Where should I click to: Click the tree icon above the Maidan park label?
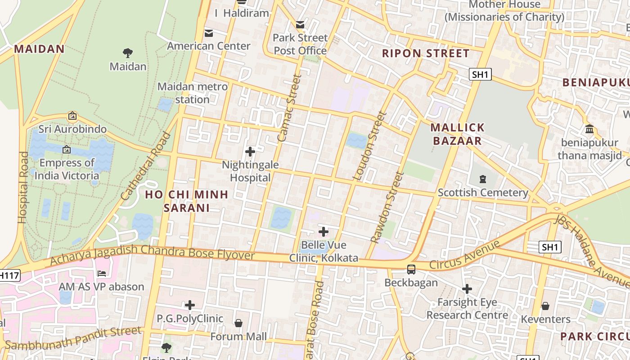(128, 53)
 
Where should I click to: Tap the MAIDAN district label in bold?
(40, 49)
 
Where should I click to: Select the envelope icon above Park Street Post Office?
(300, 25)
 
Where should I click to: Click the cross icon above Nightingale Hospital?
(250, 152)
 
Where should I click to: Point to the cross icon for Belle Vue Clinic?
(323, 232)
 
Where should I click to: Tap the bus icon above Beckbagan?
(411, 269)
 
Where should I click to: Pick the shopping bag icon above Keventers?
(545, 306)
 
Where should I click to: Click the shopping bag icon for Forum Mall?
(238, 323)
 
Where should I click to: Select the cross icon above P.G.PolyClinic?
(190, 305)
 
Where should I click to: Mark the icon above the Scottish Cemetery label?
(483, 179)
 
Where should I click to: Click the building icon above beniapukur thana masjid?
(589, 130)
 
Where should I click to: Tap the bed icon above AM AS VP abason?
(102, 273)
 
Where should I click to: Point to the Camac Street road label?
(289, 108)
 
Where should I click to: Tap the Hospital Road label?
(22, 187)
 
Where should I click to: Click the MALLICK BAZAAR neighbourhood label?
(457, 134)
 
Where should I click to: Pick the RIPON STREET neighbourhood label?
(425, 53)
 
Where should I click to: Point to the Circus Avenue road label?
(464, 255)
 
